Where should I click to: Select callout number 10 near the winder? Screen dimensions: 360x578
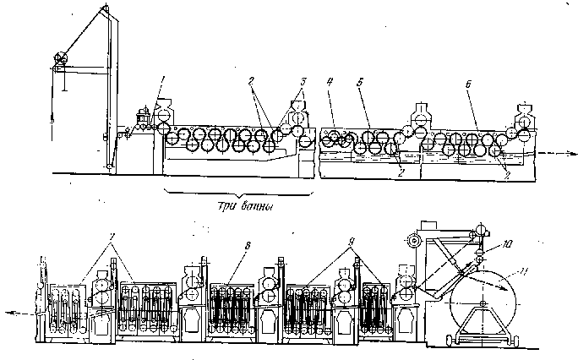[x=506, y=245]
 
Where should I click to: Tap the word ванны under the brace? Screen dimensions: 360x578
[x=257, y=205]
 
